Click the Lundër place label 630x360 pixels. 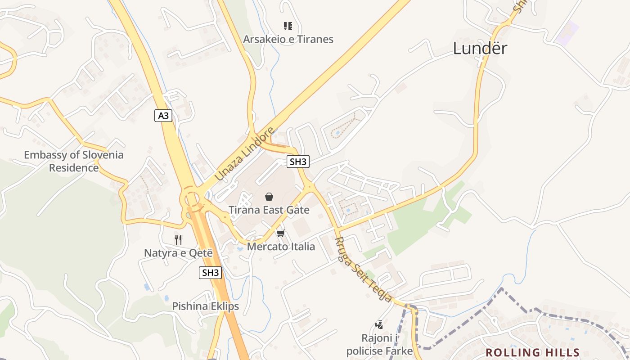[480, 48]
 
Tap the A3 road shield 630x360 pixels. [163, 116]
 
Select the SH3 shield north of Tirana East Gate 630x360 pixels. [298, 162]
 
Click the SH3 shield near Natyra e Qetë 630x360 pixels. [210, 272]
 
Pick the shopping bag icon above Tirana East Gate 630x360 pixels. [269, 197]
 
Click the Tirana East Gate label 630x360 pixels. [269, 210]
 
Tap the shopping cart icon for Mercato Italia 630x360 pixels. [281, 233]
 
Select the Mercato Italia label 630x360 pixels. [281, 247]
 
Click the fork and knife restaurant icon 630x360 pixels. [178, 239]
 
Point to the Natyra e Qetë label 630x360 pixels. [178, 253]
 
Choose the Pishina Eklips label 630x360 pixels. [205, 306]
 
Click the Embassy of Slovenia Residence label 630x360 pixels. [74, 161]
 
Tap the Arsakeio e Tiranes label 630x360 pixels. [288, 39]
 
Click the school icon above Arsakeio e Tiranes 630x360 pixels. [288, 26]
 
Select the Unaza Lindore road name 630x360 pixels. [244, 154]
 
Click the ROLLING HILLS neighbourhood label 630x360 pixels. [532, 352]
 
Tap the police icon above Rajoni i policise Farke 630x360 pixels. [379, 324]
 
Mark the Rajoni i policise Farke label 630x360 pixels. [379, 344]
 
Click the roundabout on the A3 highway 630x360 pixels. [191, 198]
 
